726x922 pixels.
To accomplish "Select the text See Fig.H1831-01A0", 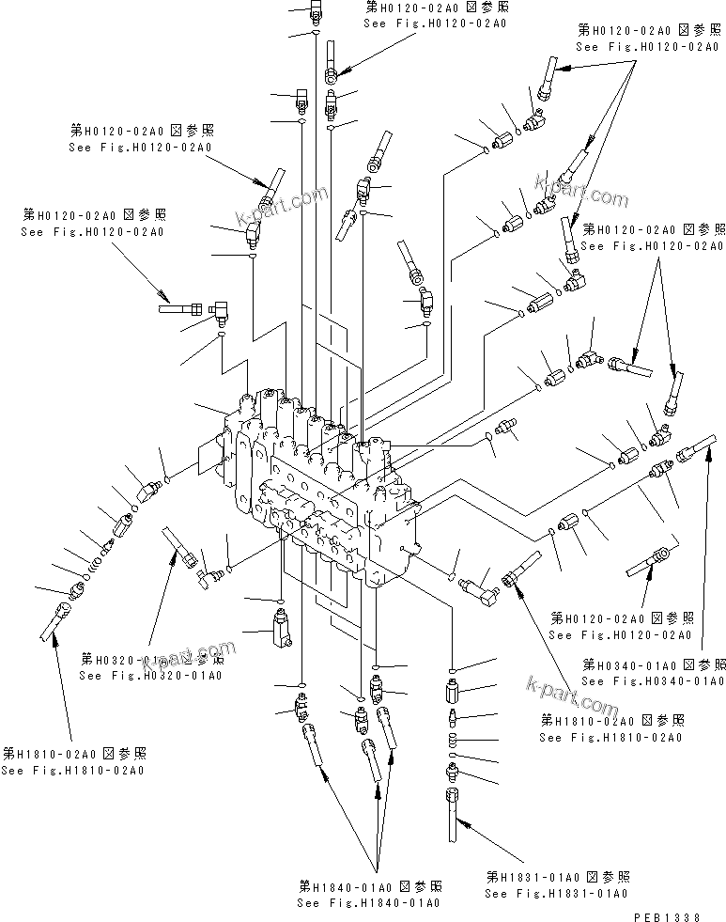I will tap(556, 893).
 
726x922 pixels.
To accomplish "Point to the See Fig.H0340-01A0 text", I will tap(654, 680).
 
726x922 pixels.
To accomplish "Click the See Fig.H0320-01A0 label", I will tap(150, 675).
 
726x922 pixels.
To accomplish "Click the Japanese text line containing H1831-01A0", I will tap(556, 876).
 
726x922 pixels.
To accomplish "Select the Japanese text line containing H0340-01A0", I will tap(654, 664).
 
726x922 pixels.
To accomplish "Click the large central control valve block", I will tap(319, 489).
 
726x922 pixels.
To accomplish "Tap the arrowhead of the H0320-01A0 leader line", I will tap(172, 554).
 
